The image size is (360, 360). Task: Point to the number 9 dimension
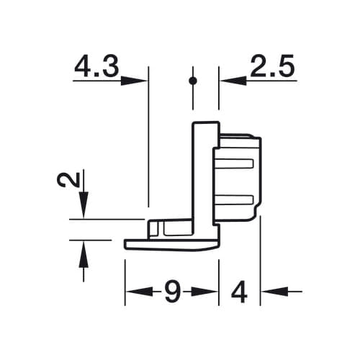click(171, 292)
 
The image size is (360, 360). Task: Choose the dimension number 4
click(240, 292)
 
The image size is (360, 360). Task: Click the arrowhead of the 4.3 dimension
click(136, 81)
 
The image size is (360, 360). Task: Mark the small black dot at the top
click(192, 81)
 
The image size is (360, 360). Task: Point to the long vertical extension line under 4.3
click(148, 144)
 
